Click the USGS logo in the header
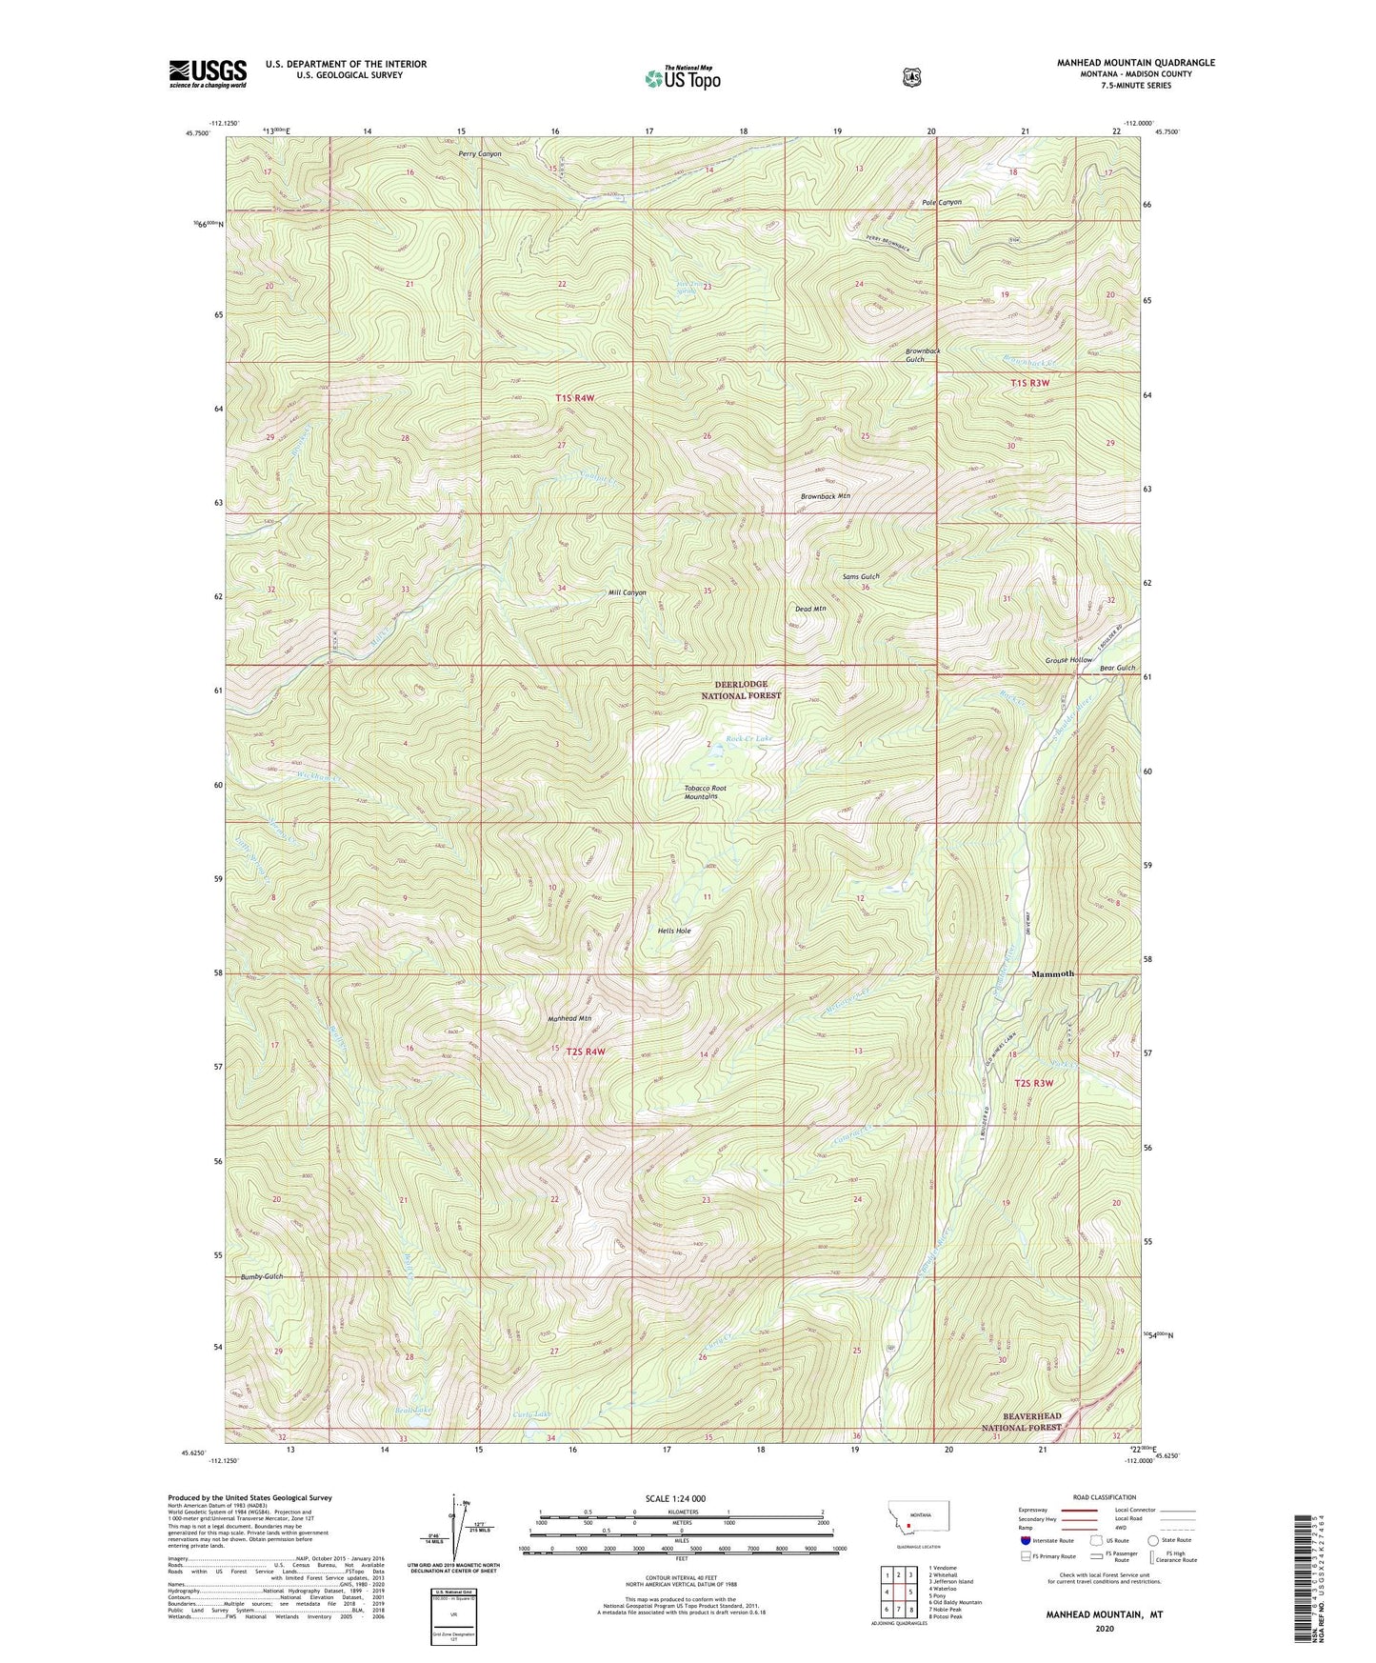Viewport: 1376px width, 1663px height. pos(208,73)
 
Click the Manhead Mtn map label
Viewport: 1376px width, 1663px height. pos(569,1018)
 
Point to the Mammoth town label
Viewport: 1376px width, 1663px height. pos(1052,973)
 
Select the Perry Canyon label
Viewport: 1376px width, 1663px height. pos(479,153)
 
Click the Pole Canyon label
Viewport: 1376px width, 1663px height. pos(941,202)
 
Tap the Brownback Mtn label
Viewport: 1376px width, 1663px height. pos(825,496)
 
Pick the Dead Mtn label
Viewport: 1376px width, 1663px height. pos(810,608)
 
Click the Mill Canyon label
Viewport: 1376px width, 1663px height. pos(627,592)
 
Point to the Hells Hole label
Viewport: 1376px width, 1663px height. pos(674,931)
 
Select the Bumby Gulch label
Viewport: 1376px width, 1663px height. pos(261,1275)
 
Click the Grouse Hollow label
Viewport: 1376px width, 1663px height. pos(1068,660)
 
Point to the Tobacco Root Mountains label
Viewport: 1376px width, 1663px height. pos(711,792)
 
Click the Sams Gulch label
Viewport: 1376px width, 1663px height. pos(861,577)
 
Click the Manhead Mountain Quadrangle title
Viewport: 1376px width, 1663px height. pos(1135,63)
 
